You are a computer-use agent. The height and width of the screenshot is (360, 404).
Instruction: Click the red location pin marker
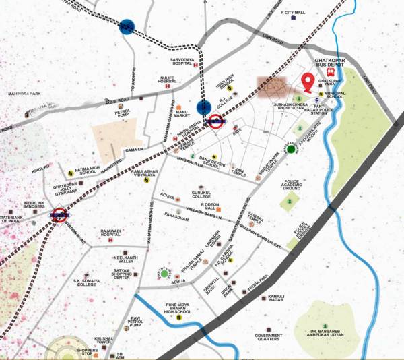pyautogui.click(x=307, y=82)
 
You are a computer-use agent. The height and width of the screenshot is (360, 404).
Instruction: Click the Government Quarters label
pyautogui.click(x=269, y=338)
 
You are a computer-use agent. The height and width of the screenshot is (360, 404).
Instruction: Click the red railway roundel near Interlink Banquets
pyautogui.click(x=59, y=216)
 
